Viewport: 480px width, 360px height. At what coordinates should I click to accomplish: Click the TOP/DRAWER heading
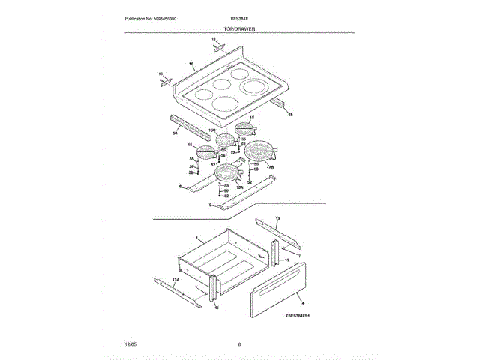click(x=239, y=28)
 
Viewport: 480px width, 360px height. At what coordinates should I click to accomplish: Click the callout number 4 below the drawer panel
click(x=292, y=302)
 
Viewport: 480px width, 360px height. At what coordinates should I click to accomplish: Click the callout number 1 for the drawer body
click(x=196, y=236)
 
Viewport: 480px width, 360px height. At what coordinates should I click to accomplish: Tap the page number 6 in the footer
click(x=238, y=343)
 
